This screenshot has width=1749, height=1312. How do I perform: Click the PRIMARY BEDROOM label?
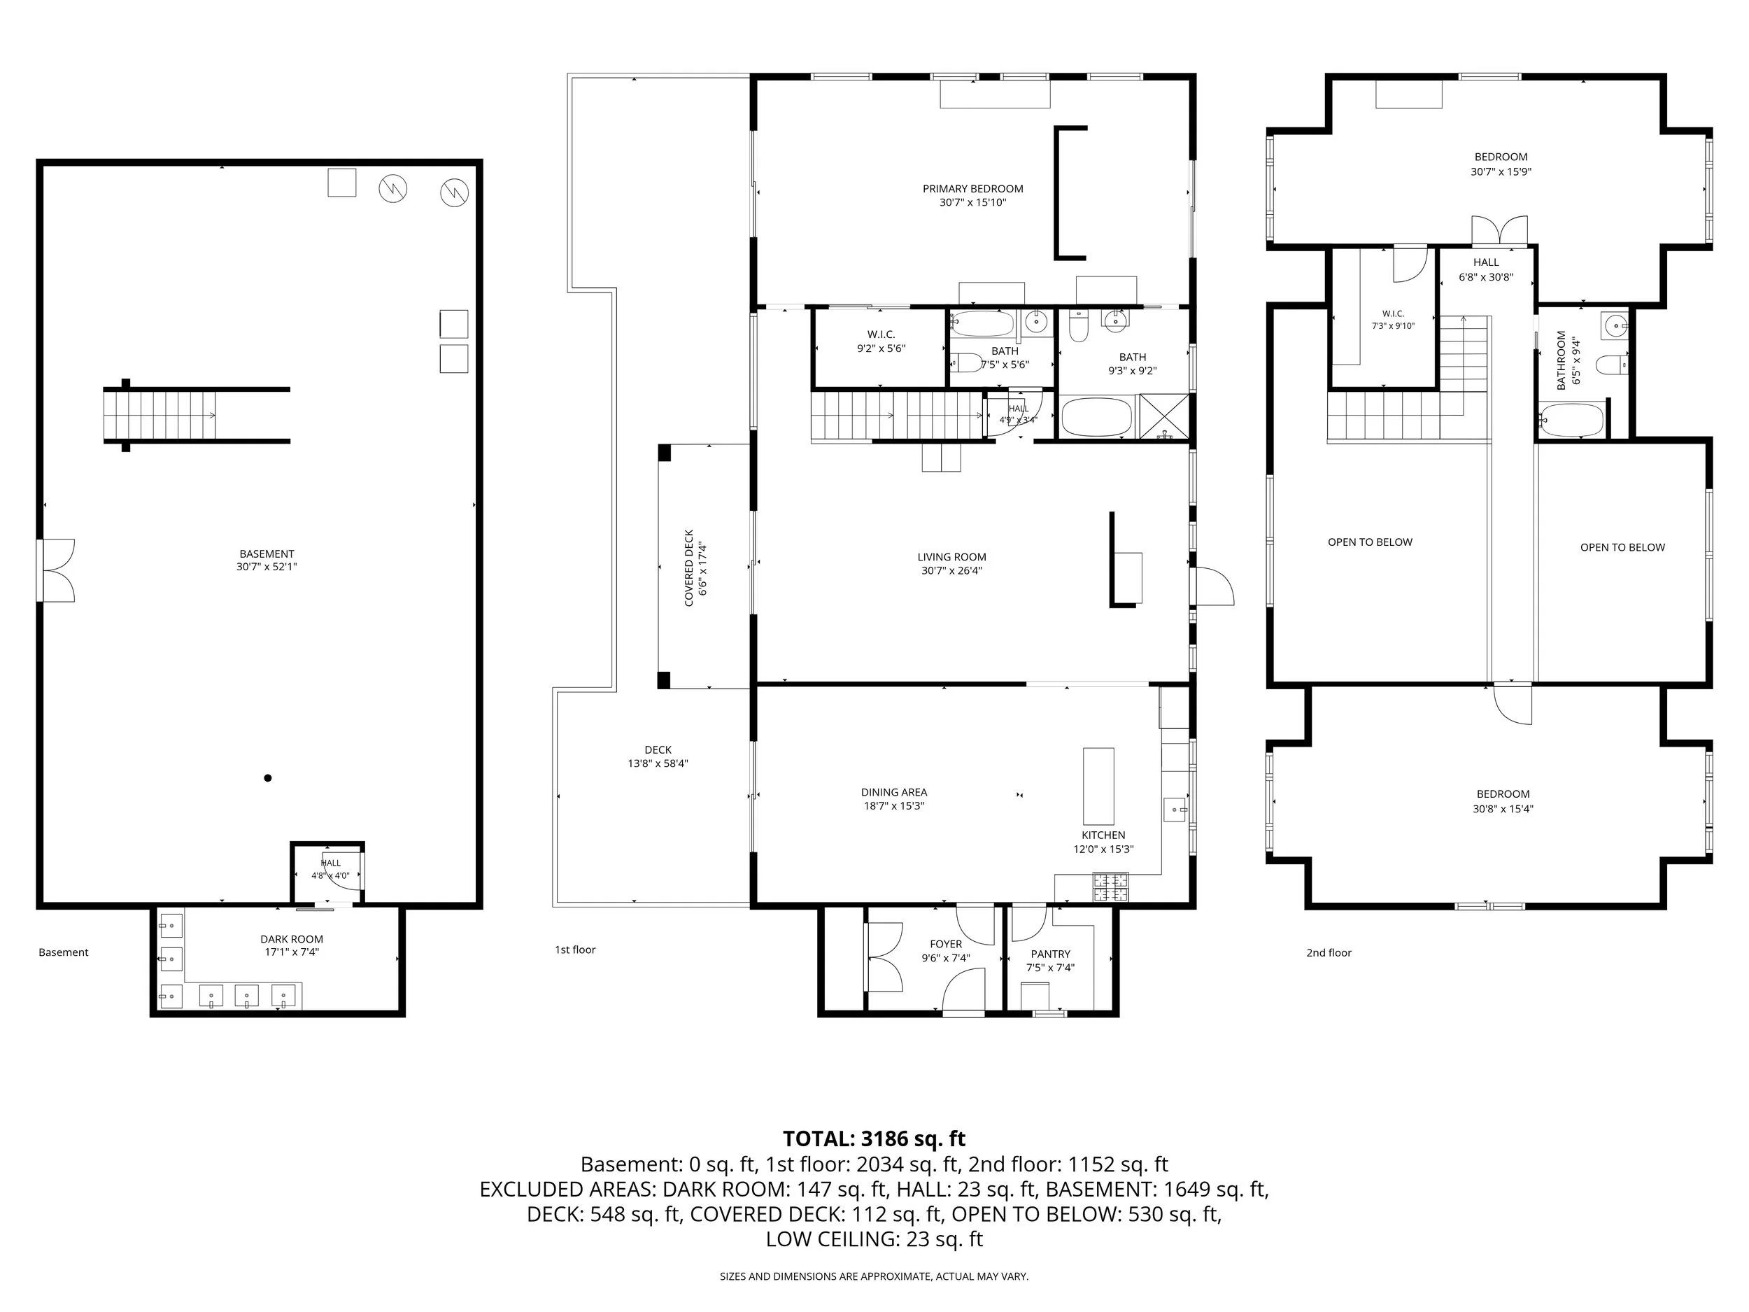point(972,188)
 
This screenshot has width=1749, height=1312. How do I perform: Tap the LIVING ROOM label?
point(951,557)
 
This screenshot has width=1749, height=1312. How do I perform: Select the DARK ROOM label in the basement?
point(292,939)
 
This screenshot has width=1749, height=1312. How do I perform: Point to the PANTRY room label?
point(1050,954)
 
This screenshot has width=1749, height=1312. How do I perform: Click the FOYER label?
point(946,943)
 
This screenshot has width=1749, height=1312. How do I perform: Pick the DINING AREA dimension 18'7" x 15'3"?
point(894,806)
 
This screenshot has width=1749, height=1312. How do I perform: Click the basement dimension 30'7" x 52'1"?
point(267,566)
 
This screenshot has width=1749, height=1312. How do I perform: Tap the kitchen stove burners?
point(1111,887)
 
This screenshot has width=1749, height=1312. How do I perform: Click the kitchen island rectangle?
point(1098,786)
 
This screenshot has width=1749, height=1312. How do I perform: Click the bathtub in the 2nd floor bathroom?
point(1572,420)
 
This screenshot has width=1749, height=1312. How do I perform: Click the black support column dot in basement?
point(268,778)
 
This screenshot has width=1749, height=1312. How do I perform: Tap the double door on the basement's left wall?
point(55,570)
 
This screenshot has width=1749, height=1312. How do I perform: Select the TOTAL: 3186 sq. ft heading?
point(874,1138)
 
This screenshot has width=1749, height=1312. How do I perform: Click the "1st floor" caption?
point(575,949)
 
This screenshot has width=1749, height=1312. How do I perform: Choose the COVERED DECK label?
point(688,567)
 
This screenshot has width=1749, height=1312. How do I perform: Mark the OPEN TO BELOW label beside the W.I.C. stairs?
point(1370,542)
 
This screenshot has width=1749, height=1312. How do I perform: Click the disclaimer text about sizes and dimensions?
point(874,1276)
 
